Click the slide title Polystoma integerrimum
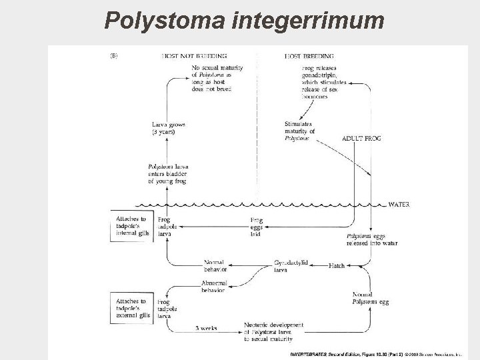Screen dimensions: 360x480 pyautogui.click(x=244, y=21)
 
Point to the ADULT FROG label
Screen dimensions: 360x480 pyautogui.click(x=361, y=139)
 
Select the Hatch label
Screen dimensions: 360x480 pyautogui.click(x=336, y=265)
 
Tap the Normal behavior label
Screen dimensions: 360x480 pyautogui.click(x=215, y=266)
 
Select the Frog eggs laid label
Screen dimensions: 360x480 pyautogui.click(x=257, y=227)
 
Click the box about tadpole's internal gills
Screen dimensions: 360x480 pyautogui.click(x=132, y=227)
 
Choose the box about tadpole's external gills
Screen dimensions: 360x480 pyautogui.click(x=132, y=309)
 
